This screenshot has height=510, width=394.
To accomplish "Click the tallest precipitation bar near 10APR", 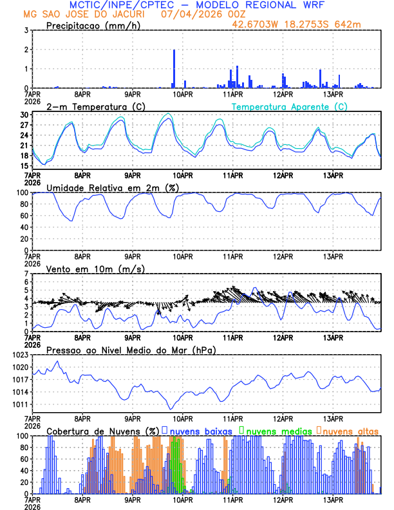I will click(174, 68).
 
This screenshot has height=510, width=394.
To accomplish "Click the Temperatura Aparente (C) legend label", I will click(290, 106).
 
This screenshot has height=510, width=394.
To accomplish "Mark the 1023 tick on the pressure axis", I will click(21, 355).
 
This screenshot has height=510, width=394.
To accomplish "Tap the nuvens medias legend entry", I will click(275, 430).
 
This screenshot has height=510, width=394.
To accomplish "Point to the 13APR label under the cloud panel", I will click(332, 499).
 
